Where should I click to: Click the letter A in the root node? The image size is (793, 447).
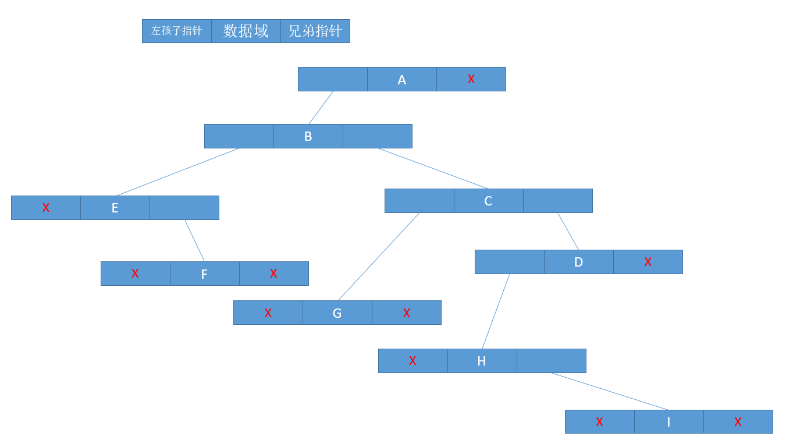point(401,80)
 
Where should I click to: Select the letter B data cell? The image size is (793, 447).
point(308,136)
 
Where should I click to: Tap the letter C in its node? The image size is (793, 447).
point(488,201)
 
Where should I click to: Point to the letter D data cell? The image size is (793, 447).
point(578,262)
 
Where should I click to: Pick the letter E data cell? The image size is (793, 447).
point(115,208)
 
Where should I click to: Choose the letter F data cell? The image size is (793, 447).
point(204,274)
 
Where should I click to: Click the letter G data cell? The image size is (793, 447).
point(337,313)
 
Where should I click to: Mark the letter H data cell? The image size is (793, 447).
point(482,361)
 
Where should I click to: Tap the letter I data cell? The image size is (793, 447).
point(668,422)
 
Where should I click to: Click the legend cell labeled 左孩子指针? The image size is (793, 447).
point(176,31)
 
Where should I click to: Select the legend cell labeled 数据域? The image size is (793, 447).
point(246,31)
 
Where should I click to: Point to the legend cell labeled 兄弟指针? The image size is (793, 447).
point(315,31)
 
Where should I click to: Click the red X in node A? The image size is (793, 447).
point(471,79)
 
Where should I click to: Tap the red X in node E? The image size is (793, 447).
point(46,208)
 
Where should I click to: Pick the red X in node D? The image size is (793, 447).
point(648,262)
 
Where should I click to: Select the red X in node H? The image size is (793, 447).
point(412,361)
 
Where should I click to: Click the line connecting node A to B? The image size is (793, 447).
point(321,108)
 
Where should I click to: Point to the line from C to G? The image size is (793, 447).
point(379,257)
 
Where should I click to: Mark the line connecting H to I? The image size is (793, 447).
point(610,391)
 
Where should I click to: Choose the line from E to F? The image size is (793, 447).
point(194,240)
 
